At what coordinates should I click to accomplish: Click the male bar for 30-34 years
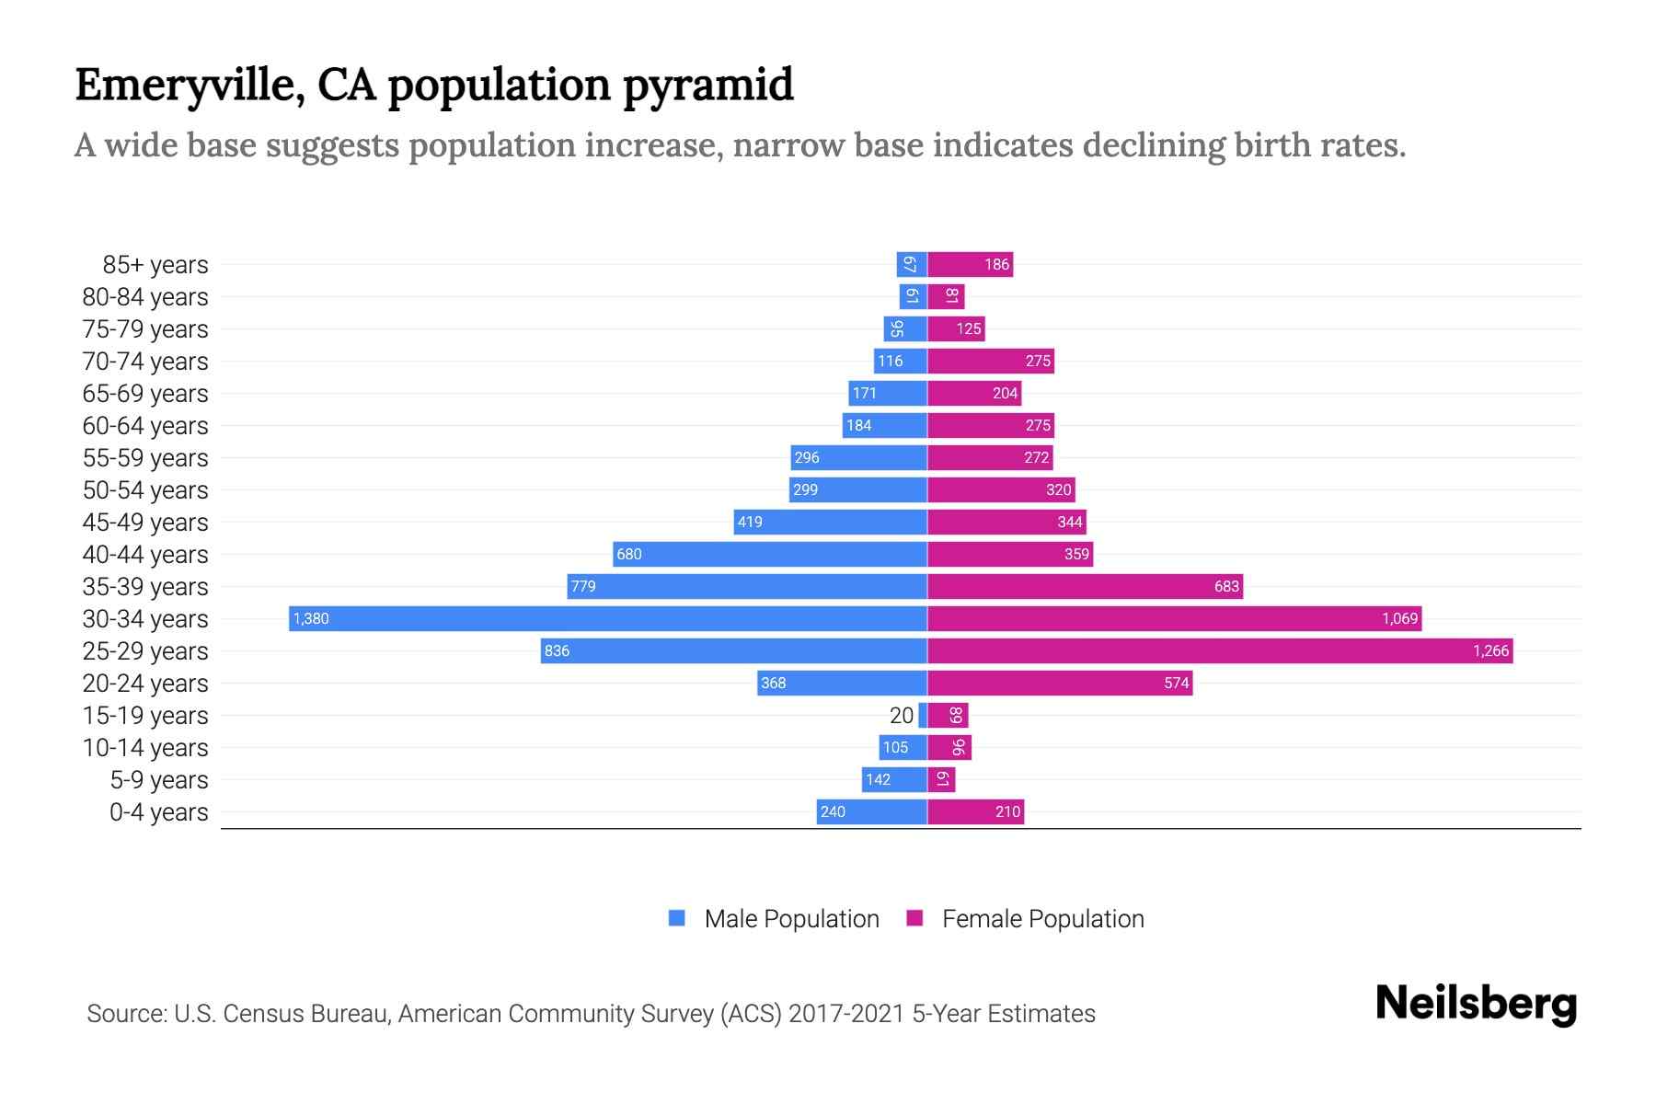point(607,618)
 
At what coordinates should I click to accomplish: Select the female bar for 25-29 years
point(1219,650)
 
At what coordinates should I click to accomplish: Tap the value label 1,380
point(311,618)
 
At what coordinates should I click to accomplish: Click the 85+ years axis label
point(155,265)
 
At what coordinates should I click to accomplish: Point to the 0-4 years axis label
point(158,812)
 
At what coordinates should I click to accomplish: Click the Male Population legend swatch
point(677,918)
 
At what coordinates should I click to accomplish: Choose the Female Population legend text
point(1042,919)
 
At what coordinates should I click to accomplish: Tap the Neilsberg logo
point(1476,1004)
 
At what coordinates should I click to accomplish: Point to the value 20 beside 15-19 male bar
point(902,715)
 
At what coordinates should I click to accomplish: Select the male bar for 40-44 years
point(769,554)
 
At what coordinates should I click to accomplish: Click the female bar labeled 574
point(1060,683)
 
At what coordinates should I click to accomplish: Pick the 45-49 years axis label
point(145,523)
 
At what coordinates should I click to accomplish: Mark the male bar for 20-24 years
point(842,683)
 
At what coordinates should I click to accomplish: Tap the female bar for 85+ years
point(970,265)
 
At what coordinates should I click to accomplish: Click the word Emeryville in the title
point(189,86)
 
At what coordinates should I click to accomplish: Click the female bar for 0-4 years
point(975,811)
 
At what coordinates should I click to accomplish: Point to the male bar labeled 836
point(733,650)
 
